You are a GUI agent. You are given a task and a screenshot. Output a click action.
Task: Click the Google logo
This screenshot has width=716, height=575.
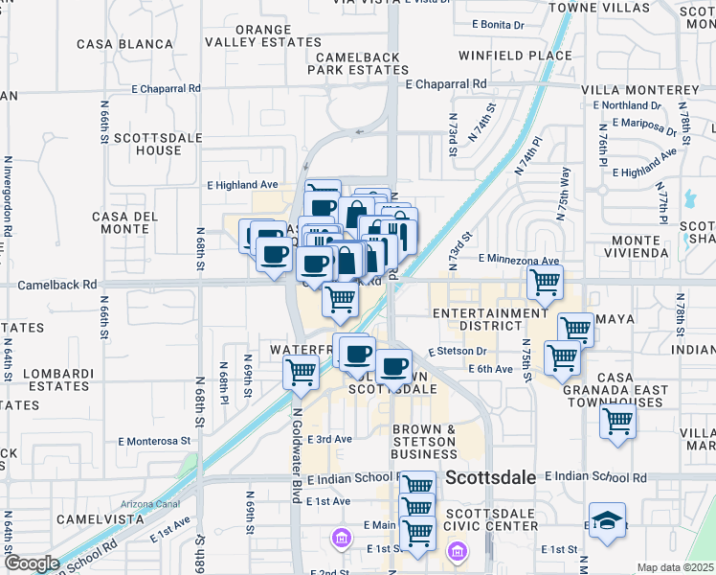[31, 563]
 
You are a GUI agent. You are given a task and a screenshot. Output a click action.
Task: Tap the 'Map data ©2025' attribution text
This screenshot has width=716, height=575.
[676, 567]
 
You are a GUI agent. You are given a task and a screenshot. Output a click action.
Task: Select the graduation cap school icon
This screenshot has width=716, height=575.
[607, 520]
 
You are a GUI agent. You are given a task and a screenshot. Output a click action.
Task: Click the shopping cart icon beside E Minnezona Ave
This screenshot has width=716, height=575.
[545, 282]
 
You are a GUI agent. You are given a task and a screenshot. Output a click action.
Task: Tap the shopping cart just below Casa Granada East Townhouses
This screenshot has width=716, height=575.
[618, 420]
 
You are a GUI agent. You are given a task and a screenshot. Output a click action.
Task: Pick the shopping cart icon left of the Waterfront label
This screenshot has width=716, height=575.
[302, 371]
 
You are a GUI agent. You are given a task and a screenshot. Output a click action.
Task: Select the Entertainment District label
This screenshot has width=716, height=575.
[489, 320]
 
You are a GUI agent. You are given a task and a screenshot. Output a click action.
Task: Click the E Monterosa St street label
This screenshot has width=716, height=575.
[154, 442]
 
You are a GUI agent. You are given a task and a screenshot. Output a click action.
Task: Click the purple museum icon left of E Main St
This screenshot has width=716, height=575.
[338, 537]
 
